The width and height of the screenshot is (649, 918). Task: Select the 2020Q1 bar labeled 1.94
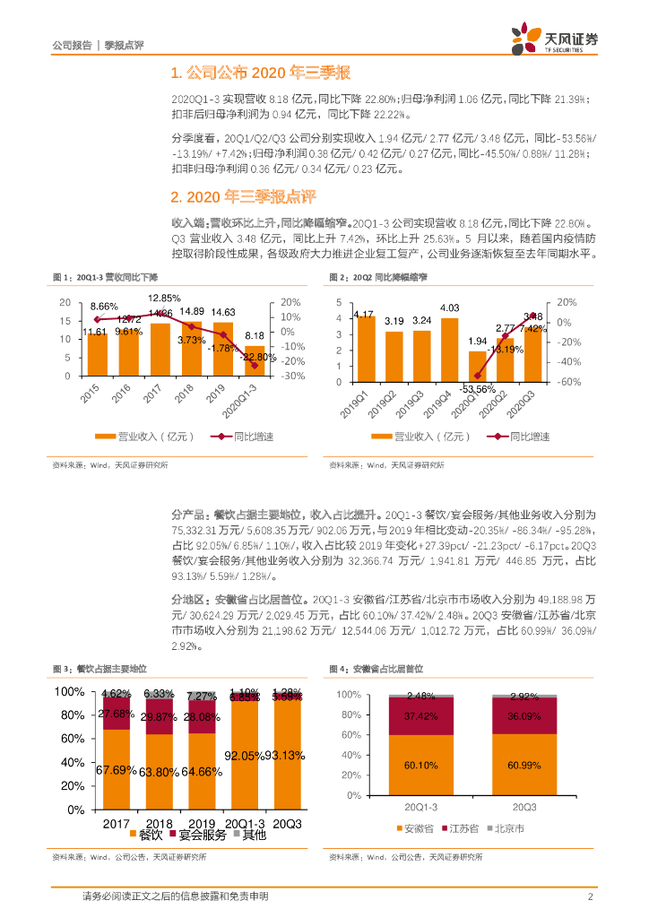[477, 366]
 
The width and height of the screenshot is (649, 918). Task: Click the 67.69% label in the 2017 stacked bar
[116, 769]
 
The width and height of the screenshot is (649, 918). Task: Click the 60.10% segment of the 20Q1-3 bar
[420, 765]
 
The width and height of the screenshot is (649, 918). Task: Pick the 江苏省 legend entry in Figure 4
[463, 827]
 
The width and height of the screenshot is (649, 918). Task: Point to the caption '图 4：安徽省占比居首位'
[376, 670]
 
